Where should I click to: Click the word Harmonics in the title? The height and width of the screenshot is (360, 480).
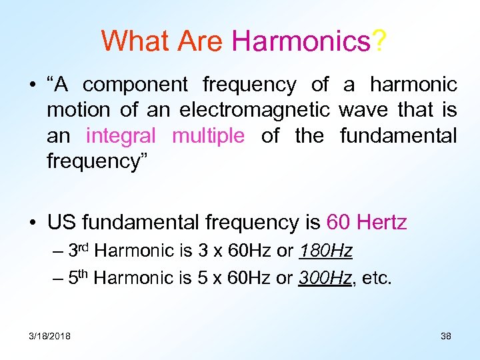[x=301, y=41]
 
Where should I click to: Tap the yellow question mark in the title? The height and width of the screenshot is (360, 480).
[x=379, y=41]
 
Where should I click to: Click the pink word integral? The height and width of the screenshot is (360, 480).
[x=121, y=136]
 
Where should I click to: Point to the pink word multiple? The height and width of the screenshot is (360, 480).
[x=208, y=136]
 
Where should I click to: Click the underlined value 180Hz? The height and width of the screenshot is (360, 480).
[x=326, y=251]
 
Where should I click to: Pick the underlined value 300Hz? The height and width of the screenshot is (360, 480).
[x=326, y=278]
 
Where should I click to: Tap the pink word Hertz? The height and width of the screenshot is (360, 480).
[x=382, y=222]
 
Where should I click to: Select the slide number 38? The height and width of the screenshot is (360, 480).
[x=446, y=335]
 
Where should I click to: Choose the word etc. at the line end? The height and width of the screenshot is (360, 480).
[x=378, y=278]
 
